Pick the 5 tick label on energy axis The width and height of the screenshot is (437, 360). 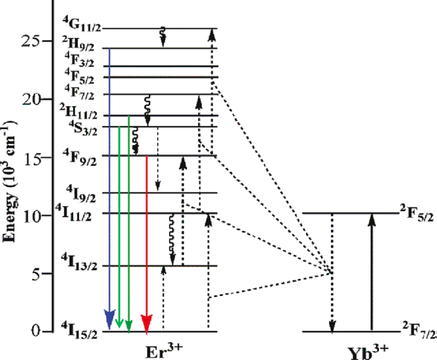tap(35, 274)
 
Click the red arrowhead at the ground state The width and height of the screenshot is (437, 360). tap(147, 323)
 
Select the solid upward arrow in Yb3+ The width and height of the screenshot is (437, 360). tap(371, 271)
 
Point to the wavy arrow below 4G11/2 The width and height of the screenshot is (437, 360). tap(163, 37)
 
